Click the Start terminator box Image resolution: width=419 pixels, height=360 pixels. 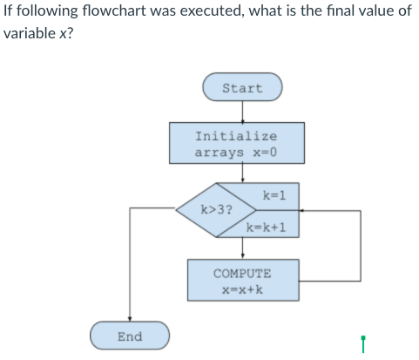tap(242, 88)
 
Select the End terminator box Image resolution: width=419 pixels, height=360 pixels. tap(130, 336)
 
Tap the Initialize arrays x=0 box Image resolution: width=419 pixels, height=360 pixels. tap(237, 144)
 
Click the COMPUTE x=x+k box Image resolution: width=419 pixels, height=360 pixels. tap(242, 280)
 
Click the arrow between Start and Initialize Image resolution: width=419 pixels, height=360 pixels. tap(242, 112)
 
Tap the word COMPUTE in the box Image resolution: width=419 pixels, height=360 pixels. tap(242, 273)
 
